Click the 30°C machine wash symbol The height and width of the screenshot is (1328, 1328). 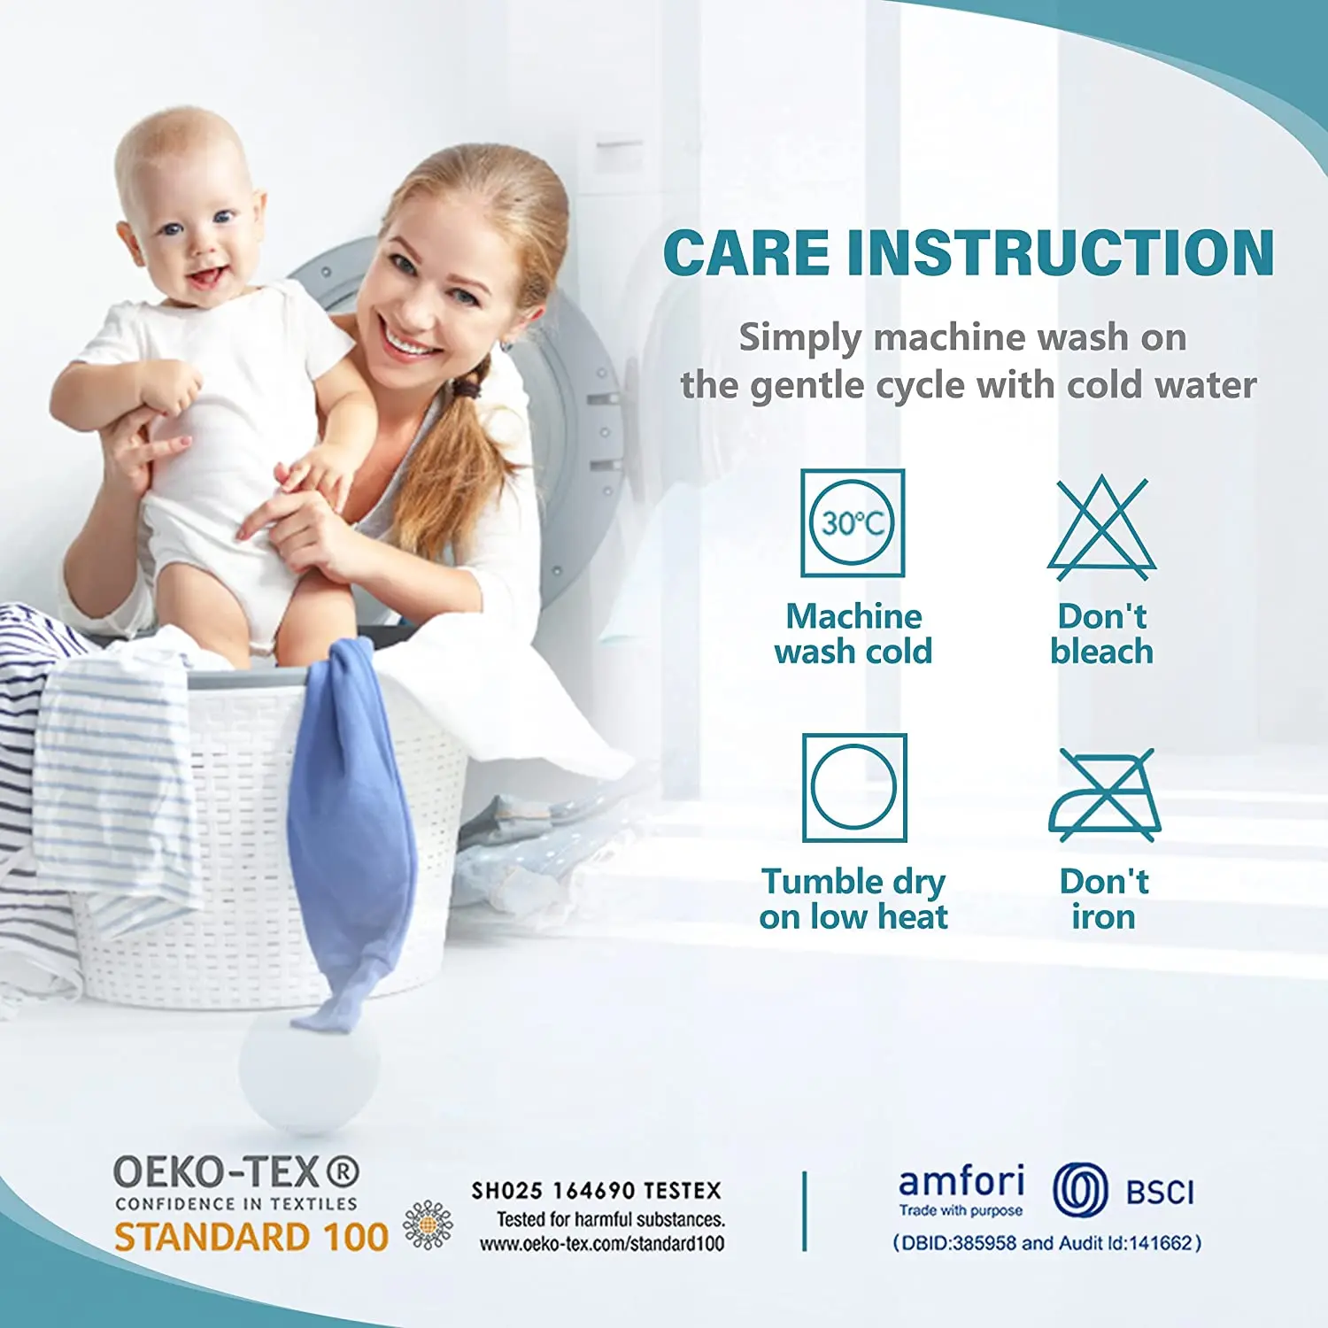pos(853,522)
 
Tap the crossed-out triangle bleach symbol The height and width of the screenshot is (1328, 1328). pos(1101,529)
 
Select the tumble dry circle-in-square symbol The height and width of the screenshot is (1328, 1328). pos(854,787)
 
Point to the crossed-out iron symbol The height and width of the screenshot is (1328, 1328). pos(1104,794)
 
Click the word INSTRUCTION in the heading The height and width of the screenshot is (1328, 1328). pos(1060,253)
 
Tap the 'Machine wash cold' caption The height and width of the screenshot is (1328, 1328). pos(853,634)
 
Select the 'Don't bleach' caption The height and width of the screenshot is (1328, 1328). pos(1102,634)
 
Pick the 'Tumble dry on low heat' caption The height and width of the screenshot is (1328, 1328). pos(853,899)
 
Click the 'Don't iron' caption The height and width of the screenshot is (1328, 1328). pos(1104,899)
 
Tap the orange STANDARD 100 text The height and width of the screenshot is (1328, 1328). pos(251,1237)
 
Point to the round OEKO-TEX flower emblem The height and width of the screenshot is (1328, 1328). pos(428,1225)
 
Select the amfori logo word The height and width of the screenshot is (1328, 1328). pos(961,1182)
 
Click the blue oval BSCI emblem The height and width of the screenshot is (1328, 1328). pos(1080,1190)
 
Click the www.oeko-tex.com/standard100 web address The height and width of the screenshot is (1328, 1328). pos(602,1244)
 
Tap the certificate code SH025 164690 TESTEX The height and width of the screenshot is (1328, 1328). pos(596,1191)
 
